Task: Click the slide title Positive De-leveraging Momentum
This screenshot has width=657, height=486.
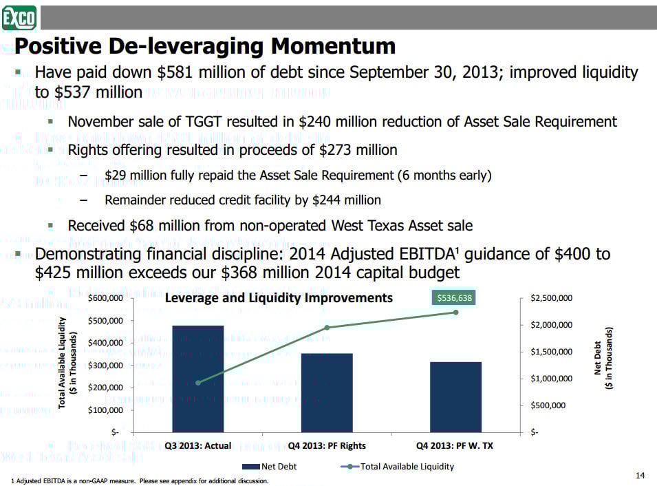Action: pos(205,46)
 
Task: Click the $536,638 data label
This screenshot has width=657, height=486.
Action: pos(455,298)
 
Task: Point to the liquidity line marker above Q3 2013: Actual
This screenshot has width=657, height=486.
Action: pos(197,383)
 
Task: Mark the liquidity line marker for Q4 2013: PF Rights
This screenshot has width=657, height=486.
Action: pos(327,328)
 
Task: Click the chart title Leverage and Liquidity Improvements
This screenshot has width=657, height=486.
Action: pos(279,297)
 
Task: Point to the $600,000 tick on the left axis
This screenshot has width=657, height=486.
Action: pos(105,299)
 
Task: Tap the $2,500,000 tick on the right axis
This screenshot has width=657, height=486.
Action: pos(551,299)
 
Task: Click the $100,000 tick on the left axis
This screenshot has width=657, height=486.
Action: pos(105,410)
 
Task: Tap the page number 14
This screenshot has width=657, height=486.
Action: pos(640,476)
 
